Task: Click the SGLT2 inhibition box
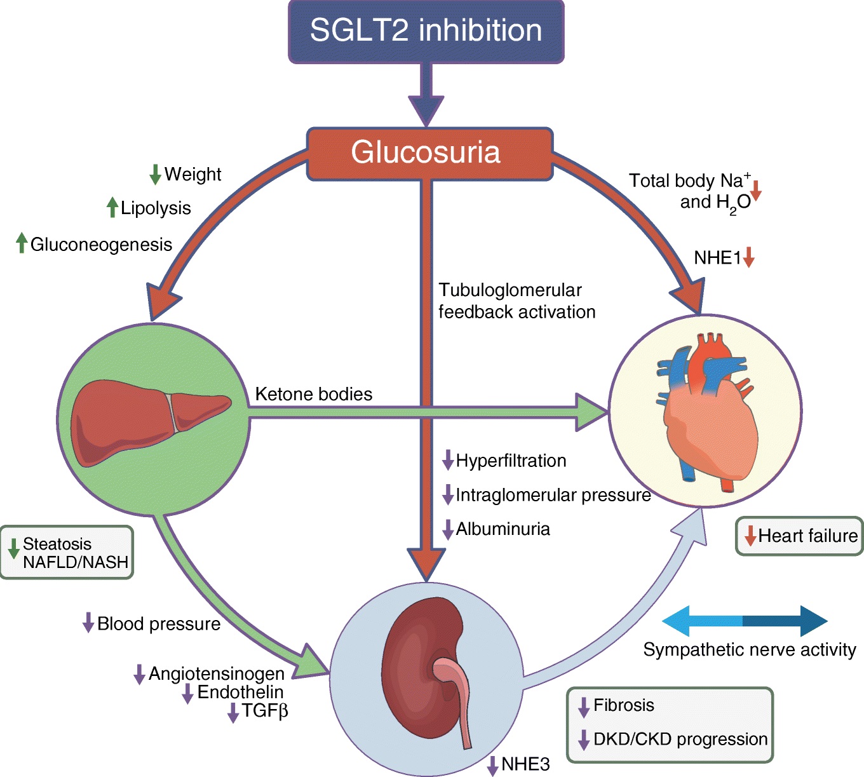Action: (426, 31)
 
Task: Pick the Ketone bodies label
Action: (313, 395)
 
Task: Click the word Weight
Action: (192, 174)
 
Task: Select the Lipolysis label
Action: (156, 208)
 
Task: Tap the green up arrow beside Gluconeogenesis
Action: (22, 243)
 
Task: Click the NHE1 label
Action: (717, 258)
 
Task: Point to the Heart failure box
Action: (799, 536)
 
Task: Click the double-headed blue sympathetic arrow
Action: (745, 621)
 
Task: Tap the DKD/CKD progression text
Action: (680, 740)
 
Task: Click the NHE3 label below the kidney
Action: (525, 764)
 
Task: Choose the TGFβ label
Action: (265, 711)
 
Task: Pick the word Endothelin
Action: (240, 692)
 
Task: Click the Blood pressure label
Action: (159, 624)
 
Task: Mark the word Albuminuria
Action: (503, 529)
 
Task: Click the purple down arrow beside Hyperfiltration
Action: (448, 460)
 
